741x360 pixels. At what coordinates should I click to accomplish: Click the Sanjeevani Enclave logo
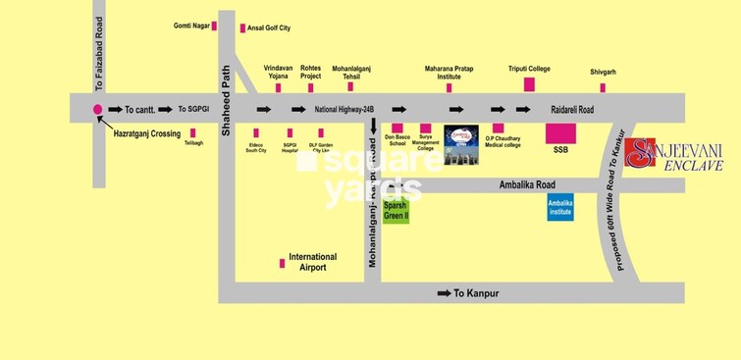coord(678,155)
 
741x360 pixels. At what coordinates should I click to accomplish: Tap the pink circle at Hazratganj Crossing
coord(97,110)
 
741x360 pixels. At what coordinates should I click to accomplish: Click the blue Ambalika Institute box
coord(560,207)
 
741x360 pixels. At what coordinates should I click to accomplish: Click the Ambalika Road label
coord(527,183)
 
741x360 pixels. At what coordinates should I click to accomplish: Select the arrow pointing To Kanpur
coord(443,293)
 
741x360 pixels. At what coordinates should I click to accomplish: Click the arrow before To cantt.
coord(115,110)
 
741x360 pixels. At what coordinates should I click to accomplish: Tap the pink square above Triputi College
coord(529,84)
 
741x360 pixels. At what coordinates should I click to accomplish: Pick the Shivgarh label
coord(602,70)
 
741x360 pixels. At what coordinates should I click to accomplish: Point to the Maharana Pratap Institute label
coord(450,73)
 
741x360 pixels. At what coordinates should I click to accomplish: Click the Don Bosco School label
coord(397,140)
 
